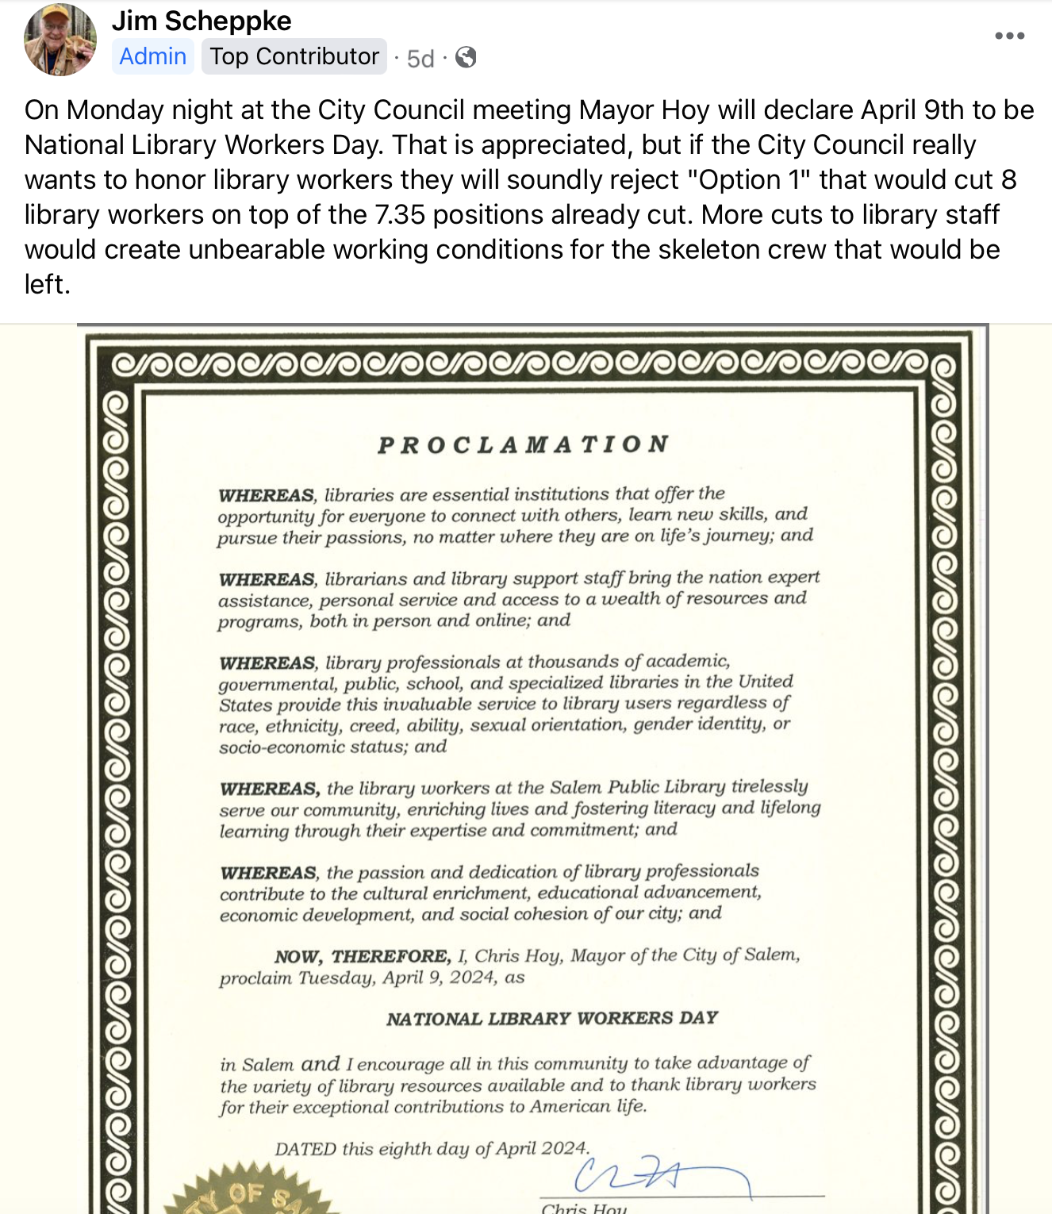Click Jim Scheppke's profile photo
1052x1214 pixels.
60,40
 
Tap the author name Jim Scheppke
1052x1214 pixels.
202,21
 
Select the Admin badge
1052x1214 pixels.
153,56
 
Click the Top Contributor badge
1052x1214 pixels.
294,56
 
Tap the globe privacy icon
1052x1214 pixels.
466,57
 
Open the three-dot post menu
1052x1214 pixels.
1009,36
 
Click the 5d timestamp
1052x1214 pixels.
420,58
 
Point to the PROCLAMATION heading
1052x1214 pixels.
524,444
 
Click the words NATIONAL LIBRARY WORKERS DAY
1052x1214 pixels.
552,1018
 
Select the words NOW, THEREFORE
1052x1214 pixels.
363,956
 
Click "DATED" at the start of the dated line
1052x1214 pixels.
305,1149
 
